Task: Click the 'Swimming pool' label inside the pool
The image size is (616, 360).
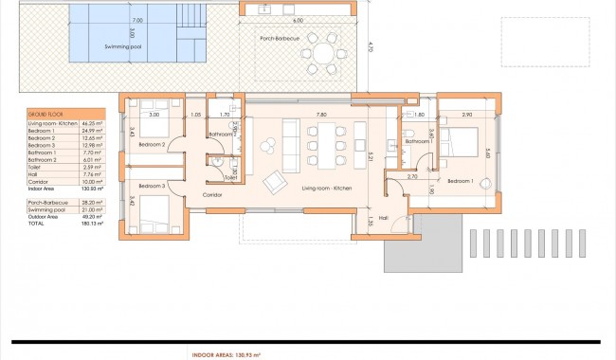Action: (x=98, y=45)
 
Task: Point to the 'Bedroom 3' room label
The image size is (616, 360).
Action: (x=152, y=186)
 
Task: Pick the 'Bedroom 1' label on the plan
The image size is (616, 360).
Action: (x=461, y=180)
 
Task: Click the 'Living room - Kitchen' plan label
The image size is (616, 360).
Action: (x=327, y=189)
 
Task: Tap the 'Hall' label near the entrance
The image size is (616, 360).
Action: (x=384, y=217)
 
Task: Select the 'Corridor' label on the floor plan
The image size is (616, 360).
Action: (x=212, y=194)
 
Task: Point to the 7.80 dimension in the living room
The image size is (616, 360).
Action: (x=321, y=115)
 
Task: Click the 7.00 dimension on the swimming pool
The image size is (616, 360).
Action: (x=138, y=20)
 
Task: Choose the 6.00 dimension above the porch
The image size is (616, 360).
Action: (x=298, y=20)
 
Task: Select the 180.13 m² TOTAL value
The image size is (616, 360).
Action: (x=91, y=225)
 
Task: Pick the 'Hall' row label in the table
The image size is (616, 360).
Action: (x=34, y=173)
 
